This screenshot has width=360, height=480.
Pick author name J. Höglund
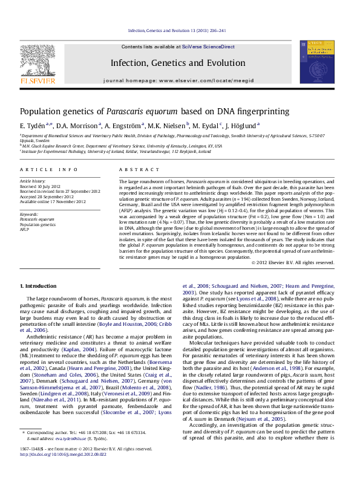click(x=241, y=125)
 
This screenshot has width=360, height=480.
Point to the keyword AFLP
click(x=25, y=230)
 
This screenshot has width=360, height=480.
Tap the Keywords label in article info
click(x=30, y=215)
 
